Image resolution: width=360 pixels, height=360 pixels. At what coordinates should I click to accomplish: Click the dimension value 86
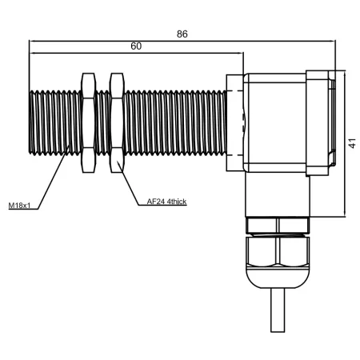(x=182, y=34)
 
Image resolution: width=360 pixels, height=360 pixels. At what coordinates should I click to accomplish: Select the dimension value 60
(x=136, y=46)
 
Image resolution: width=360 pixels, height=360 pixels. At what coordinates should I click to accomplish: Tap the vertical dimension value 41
(x=352, y=143)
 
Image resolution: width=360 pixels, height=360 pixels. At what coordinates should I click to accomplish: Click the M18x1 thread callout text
(x=19, y=206)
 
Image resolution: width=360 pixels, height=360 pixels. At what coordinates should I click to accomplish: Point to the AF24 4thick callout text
(x=166, y=202)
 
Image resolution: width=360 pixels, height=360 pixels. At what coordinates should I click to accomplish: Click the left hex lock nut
(x=88, y=122)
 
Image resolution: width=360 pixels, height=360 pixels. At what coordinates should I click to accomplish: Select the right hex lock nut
(x=117, y=122)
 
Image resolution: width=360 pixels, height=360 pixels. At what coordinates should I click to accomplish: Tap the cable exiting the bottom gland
(x=278, y=310)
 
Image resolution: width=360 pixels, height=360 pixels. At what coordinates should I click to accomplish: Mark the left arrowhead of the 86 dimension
(x=32, y=41)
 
